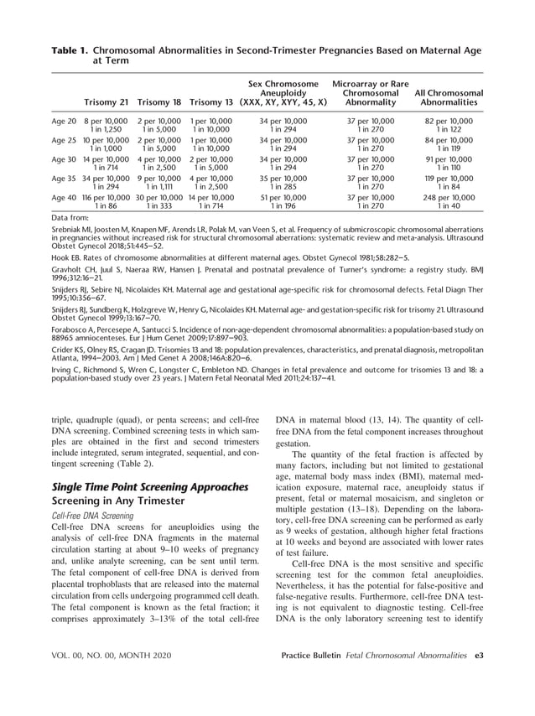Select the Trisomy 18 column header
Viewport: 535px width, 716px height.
tap(159, 102)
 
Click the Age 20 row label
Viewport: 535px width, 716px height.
tap(65, 122)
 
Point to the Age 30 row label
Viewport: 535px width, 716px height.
tap(65, 159)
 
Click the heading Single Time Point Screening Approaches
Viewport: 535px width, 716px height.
tap(150, 487)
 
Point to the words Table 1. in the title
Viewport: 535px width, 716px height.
tap(70, 50)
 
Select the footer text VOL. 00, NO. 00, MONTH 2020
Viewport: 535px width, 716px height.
tap(106, 677)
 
